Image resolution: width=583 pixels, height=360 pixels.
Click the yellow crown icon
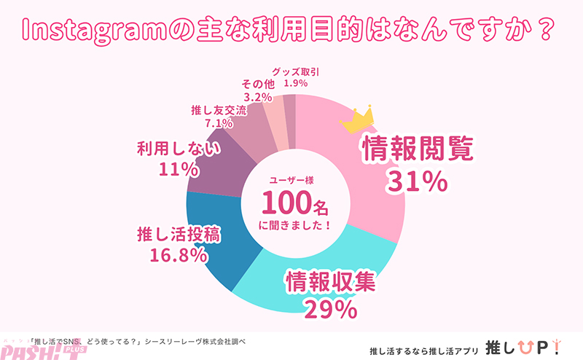[357, 119]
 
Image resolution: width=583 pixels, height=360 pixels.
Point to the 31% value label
[418, 182]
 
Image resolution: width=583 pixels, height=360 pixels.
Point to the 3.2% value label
[257, 95]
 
